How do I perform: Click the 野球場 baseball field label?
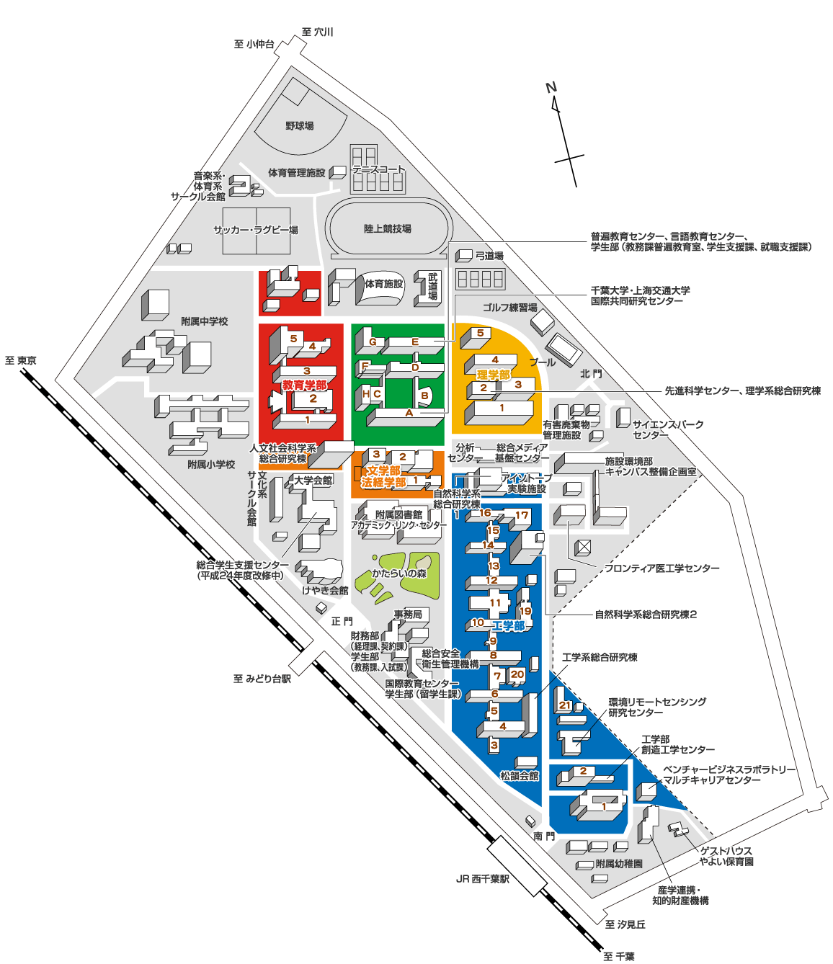(299, 126)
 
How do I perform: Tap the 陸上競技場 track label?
(387, 229)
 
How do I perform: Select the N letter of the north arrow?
(551, 88)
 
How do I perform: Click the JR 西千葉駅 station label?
(483, 879)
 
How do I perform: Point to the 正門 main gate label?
(342, 621)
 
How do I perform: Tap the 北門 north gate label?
(591, 373)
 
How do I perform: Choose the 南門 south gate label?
(544, 836)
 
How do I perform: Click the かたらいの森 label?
(399, 574)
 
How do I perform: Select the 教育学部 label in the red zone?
(304, 385)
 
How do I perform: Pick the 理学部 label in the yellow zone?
(493, 375)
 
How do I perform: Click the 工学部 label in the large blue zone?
(508, 625)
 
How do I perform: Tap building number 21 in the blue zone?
(565, 705)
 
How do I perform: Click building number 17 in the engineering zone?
(522, 515)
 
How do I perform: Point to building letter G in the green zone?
(373, 342)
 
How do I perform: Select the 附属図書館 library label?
(398, 514)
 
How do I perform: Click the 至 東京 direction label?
(21, 360)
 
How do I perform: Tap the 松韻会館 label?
(520, 776)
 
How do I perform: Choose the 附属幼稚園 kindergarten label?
(619, 863)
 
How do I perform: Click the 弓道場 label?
(489, 256)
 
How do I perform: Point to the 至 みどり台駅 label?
(262, 679)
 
